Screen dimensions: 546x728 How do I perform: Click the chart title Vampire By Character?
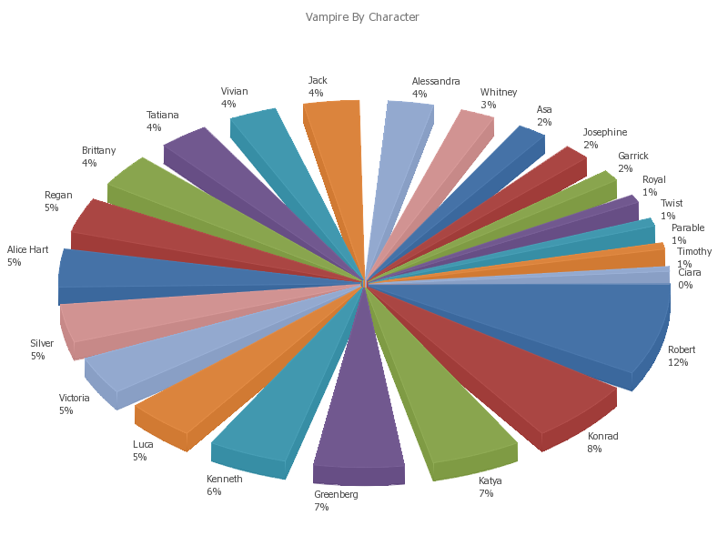point(362,17)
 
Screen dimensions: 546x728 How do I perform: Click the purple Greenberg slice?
point(359,409)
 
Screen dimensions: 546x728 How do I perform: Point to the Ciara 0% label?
point(689,278)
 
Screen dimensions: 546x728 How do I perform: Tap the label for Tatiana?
point(162,121)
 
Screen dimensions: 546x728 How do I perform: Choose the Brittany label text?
point(98,157)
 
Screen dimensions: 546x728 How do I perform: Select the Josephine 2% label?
point(604,138)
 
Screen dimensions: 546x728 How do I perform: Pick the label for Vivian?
point(234,97)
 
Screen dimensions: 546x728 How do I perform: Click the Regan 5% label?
point(58,201)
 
